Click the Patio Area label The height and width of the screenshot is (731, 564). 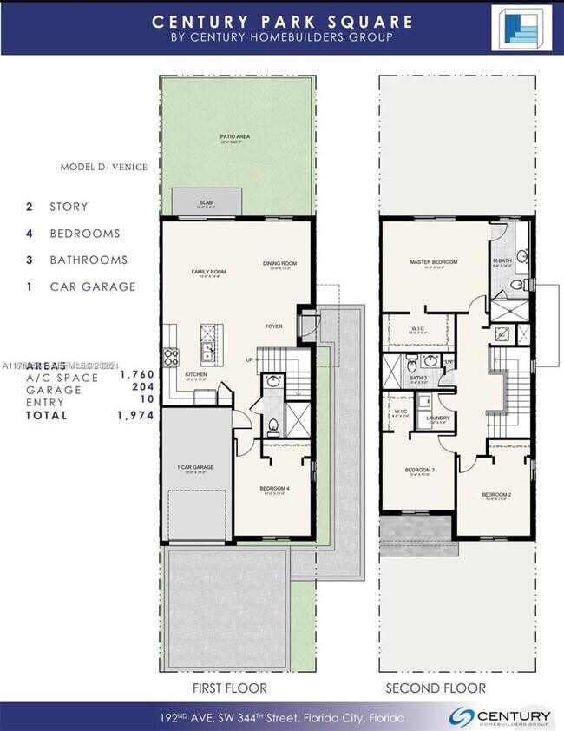pos(238,137)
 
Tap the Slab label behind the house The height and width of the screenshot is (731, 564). pos(206,203)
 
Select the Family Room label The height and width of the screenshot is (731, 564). pos(208,272)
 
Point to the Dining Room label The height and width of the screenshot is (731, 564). pos(279,263)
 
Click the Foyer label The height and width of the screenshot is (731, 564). pos(274,326)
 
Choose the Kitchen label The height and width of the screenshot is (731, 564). pos(196,374)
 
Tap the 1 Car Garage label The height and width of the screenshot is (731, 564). pos(195,467)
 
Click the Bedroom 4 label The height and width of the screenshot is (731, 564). pos(274,489)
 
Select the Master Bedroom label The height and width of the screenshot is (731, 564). pos(433,262)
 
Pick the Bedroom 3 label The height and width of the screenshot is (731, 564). pos(420,471)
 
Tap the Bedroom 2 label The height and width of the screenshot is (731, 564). pos(496,494)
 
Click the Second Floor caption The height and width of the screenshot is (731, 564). pos(436,688)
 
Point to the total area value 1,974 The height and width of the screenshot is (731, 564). pos(136,416)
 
